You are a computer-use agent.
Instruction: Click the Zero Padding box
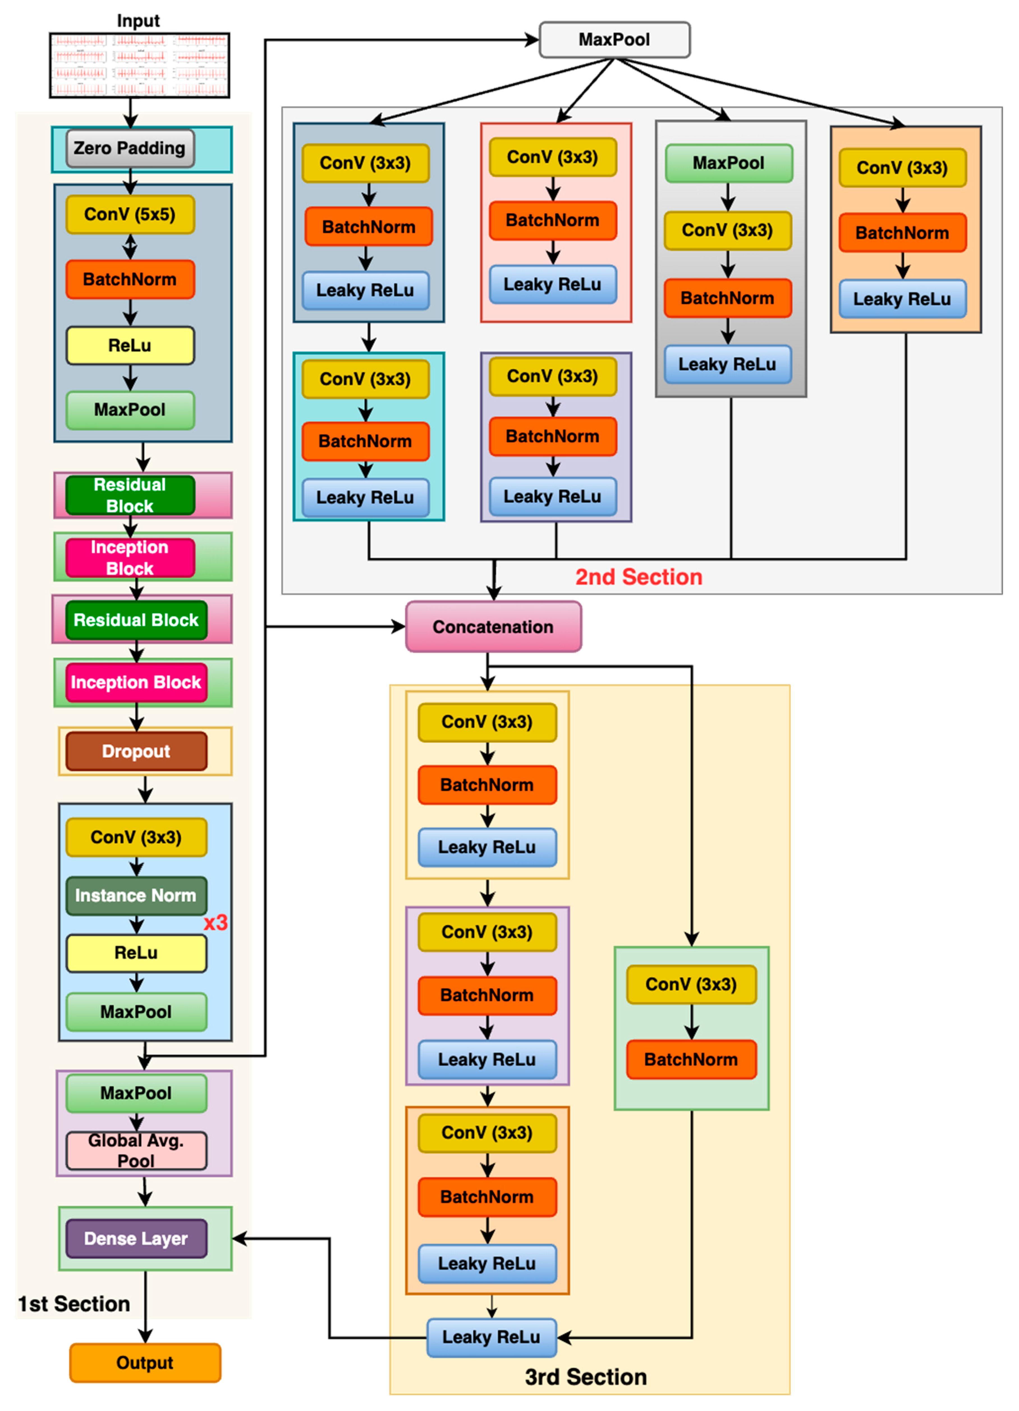[130, 148]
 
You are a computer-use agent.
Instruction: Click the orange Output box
[145, 1362]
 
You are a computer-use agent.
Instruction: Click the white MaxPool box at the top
[614, 40]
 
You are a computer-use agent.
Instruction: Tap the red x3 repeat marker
[215, 923]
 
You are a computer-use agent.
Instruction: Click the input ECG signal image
[139, 65]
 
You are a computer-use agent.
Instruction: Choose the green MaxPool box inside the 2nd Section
[729, 163]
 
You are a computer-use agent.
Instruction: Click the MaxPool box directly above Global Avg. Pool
[136, 1093]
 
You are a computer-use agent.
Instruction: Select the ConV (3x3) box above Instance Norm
[136, 837]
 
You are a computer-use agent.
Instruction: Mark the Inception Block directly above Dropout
[136, 682]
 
